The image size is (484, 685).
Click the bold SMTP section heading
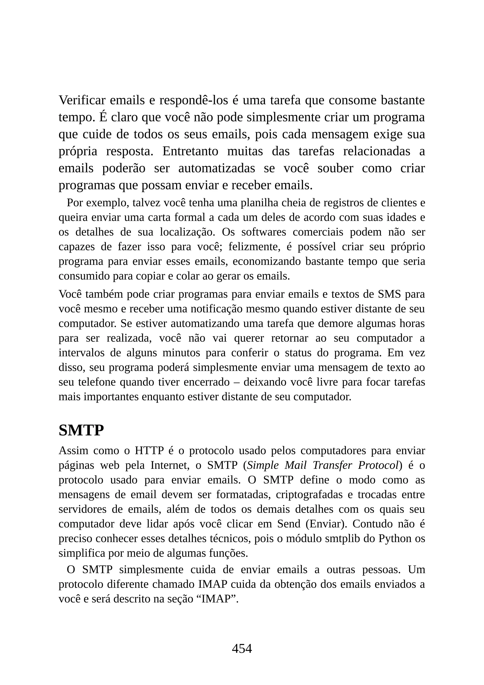tap(81, 430)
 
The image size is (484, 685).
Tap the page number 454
tap(242, 648)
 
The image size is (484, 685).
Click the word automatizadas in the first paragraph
tap(217, 168)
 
